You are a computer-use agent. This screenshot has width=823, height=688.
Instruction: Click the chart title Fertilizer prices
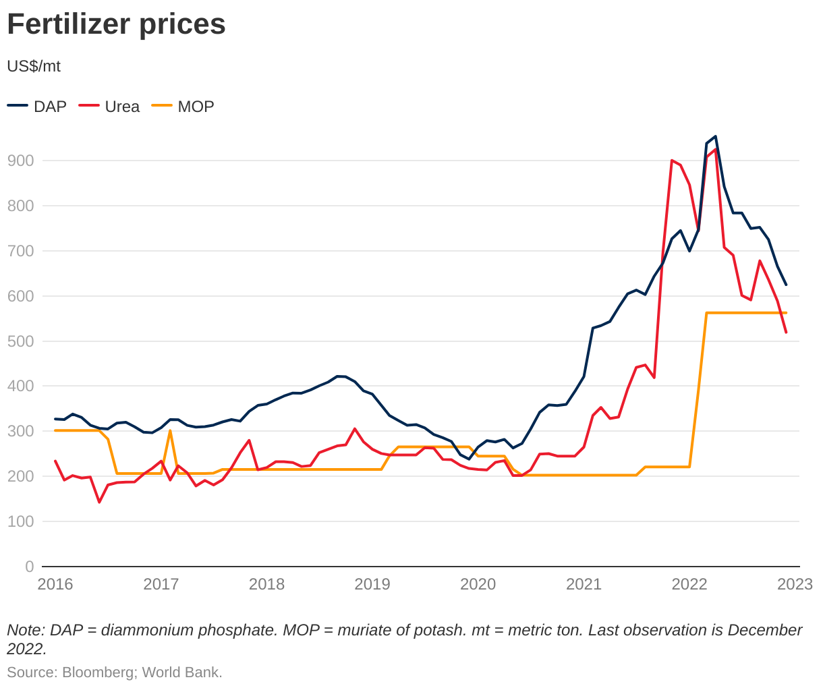[116, 24]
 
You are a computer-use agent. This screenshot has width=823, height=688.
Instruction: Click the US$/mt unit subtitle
[34, 66]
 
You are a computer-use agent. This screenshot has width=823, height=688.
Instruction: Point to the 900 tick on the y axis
[20, 161]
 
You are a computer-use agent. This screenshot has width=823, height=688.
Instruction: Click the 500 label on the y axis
[20, 341]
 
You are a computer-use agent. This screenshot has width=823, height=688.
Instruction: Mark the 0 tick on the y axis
[29, 567]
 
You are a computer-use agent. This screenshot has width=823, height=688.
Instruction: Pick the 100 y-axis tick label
[20, 521]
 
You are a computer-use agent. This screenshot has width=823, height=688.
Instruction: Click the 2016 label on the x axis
[55, 584]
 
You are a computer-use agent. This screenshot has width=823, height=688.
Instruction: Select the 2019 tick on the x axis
[372, 584]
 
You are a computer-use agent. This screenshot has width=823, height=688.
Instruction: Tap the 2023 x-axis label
[795, 584]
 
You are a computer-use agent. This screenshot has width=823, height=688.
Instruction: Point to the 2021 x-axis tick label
[584, 584]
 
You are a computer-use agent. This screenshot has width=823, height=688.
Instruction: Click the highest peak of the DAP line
[715, 136]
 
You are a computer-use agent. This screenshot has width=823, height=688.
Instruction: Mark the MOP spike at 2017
[170, 430]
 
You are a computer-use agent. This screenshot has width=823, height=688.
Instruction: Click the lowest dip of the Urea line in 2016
[99, 502]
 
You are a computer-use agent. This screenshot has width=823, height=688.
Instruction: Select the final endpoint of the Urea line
[786, 332]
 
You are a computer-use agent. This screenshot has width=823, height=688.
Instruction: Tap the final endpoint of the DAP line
[786, 285]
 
